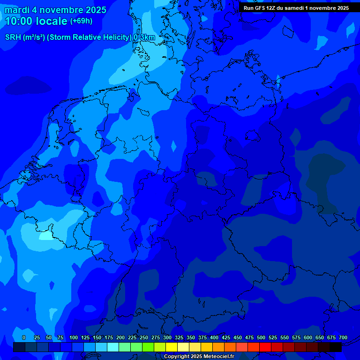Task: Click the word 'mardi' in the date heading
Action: (17, 10)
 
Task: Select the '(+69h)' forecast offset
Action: (81, 21)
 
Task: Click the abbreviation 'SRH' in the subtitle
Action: (13, 37)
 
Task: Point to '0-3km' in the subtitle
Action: (144, 37)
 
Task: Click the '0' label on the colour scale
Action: (24, 337)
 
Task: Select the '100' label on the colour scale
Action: (74, 337)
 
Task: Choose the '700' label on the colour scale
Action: (343, 337)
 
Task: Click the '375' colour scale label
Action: (202, 337)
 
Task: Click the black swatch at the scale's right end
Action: (336, 347)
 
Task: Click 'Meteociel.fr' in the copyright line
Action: (215, 357)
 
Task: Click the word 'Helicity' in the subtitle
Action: (114, 37)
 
